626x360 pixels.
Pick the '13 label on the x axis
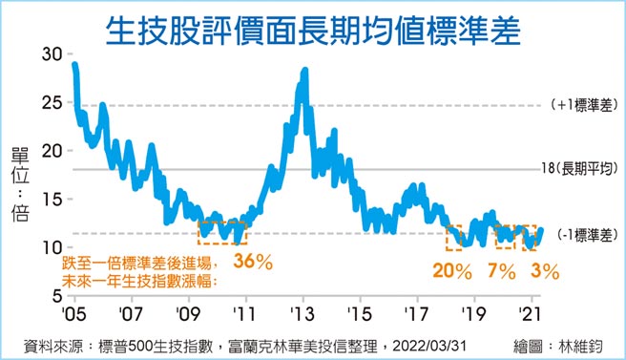tap(303, 311)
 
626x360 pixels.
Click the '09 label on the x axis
tap(188, 311)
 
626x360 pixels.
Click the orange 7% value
tap(498, 271)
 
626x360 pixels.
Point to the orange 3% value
tap(544, 271)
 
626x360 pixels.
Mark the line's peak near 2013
tap(303, 71)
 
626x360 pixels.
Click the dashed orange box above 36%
tap(221, 232)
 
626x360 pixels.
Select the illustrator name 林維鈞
tap(582, 344)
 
